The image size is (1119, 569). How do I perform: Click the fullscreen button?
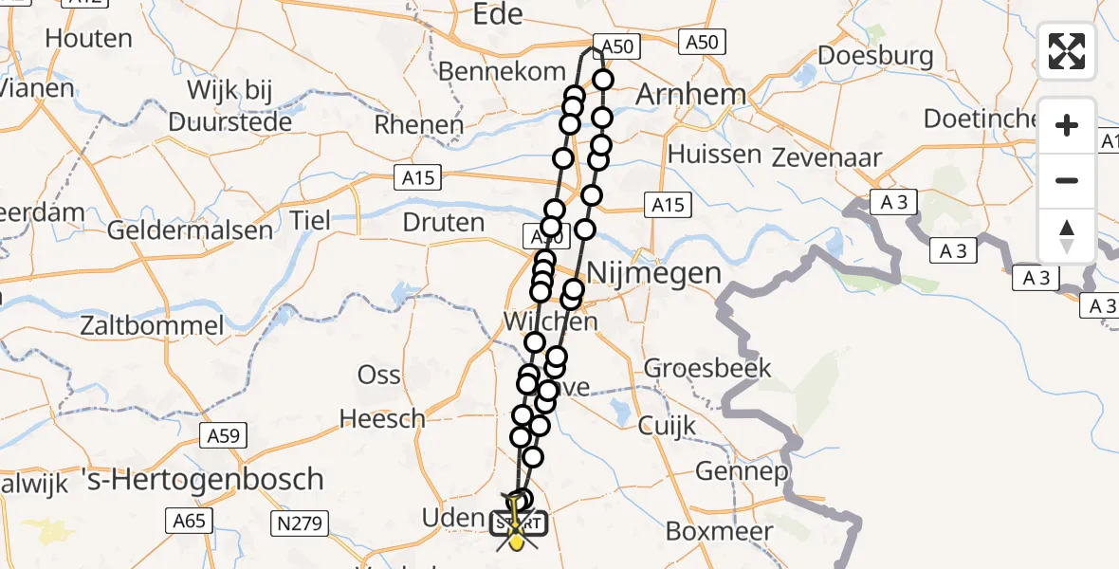[x=1067, y=51]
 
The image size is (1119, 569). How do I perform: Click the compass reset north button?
[x=1067, y=236]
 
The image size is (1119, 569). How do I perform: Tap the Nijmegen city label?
[x=654, y=273]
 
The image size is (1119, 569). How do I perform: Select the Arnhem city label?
[x=690, y=95]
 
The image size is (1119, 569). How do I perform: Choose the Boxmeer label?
[x=719, y=531]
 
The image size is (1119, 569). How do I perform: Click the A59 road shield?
[x=224, y=436]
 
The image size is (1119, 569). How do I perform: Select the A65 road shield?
[x=190, y=519]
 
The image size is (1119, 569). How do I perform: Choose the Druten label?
[x=444, y=222]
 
